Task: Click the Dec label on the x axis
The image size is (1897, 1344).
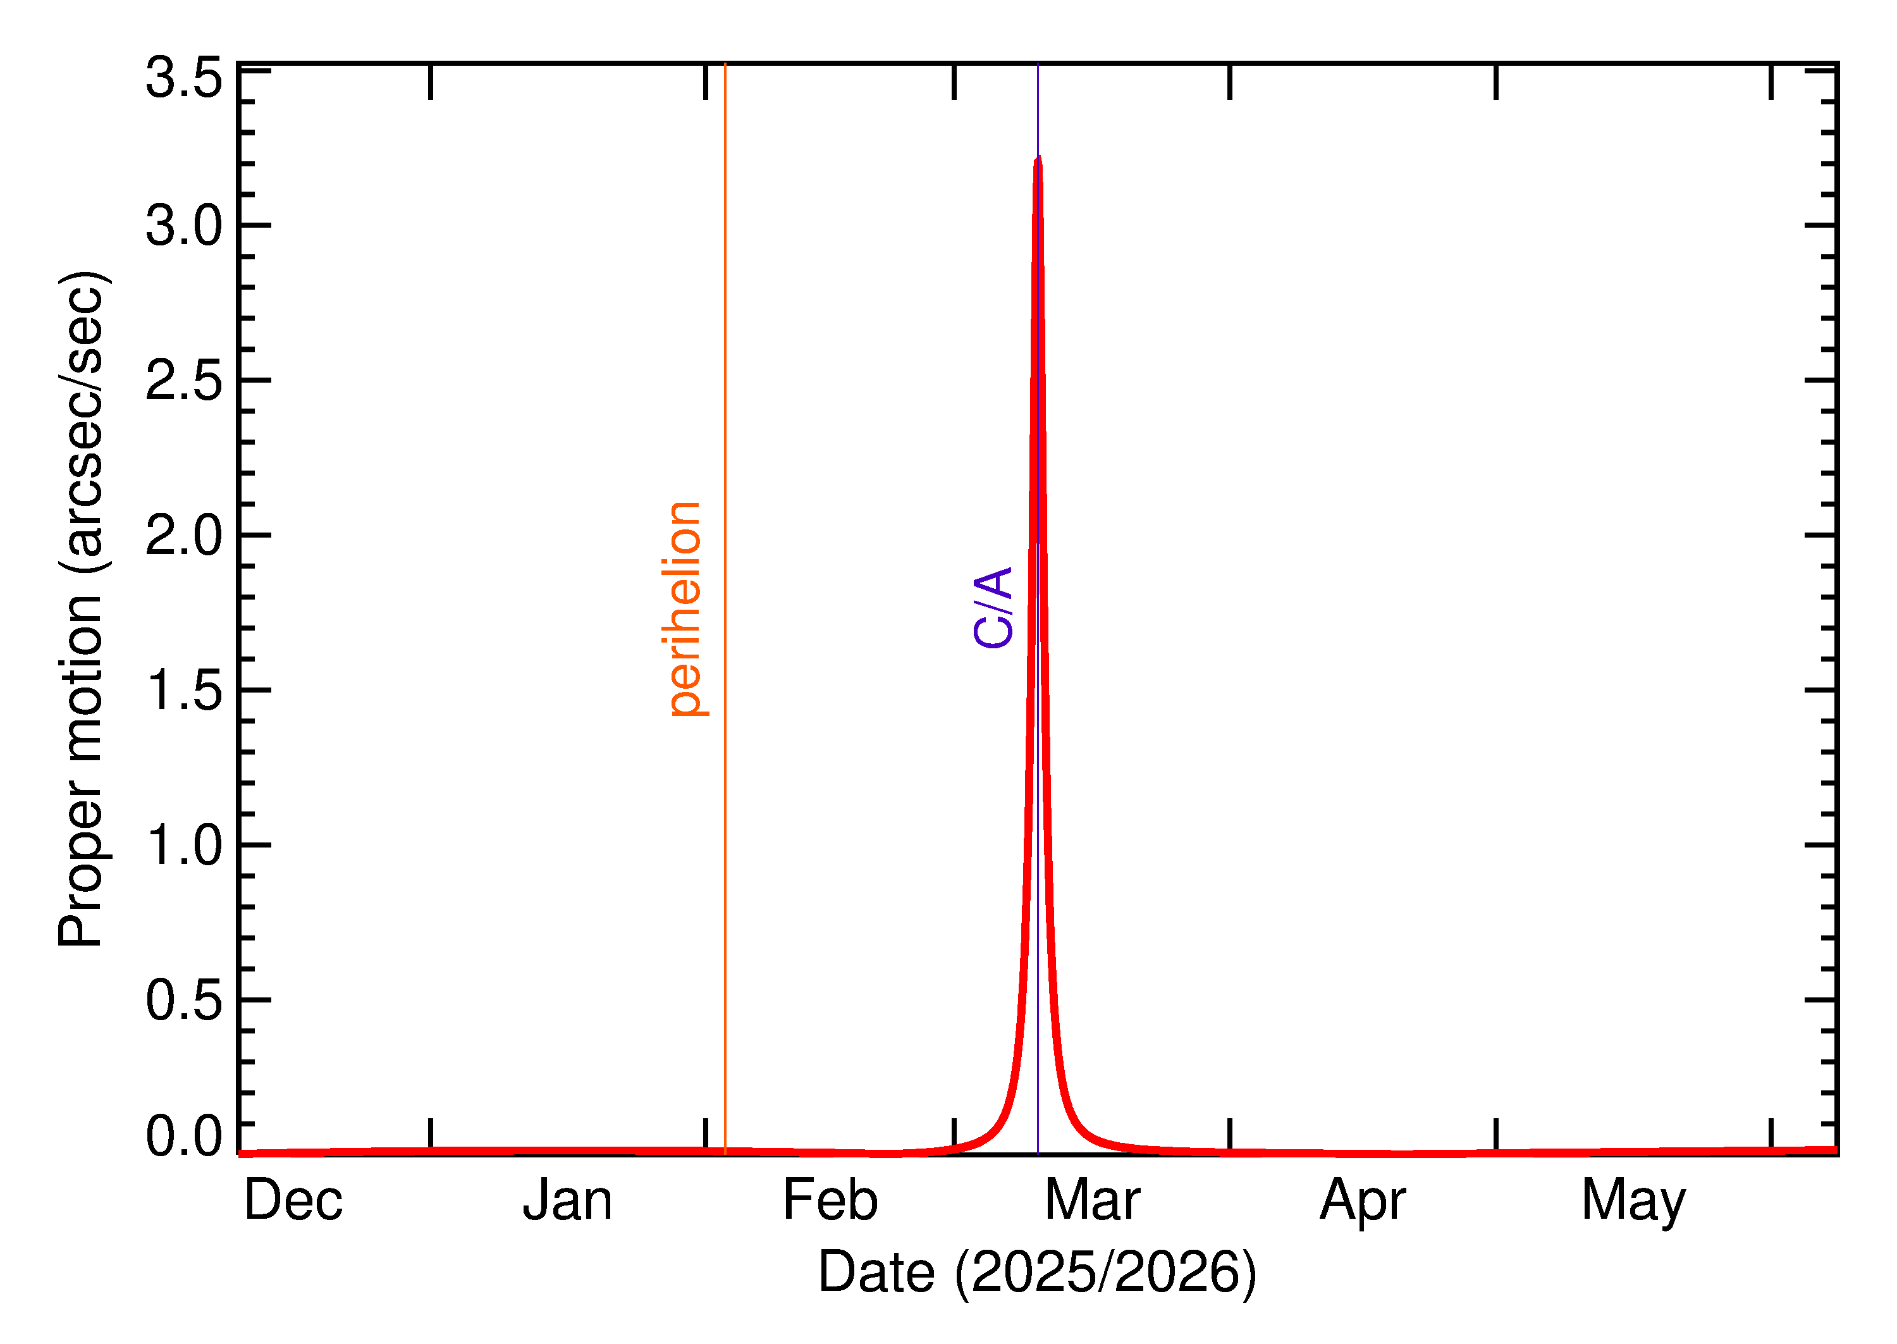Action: [293, 1201]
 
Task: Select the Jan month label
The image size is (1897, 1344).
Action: [568, 1201]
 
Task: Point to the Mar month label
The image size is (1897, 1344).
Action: [1092, 1201]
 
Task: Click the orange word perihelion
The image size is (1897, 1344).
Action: [684, 609]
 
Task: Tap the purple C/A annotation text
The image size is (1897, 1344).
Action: [993, 607]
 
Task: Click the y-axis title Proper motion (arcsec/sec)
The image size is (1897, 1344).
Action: [81, 608]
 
